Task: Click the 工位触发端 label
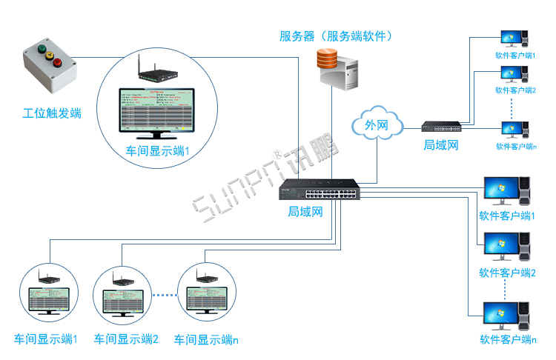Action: [52, 113]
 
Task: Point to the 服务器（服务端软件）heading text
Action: [335, 36]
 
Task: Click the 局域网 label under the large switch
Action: [306, 212]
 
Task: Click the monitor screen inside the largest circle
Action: [157, 110]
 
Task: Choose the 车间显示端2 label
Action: [126, 339]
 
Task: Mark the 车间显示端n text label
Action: [206, 339]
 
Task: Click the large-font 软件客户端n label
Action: [507, 340]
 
